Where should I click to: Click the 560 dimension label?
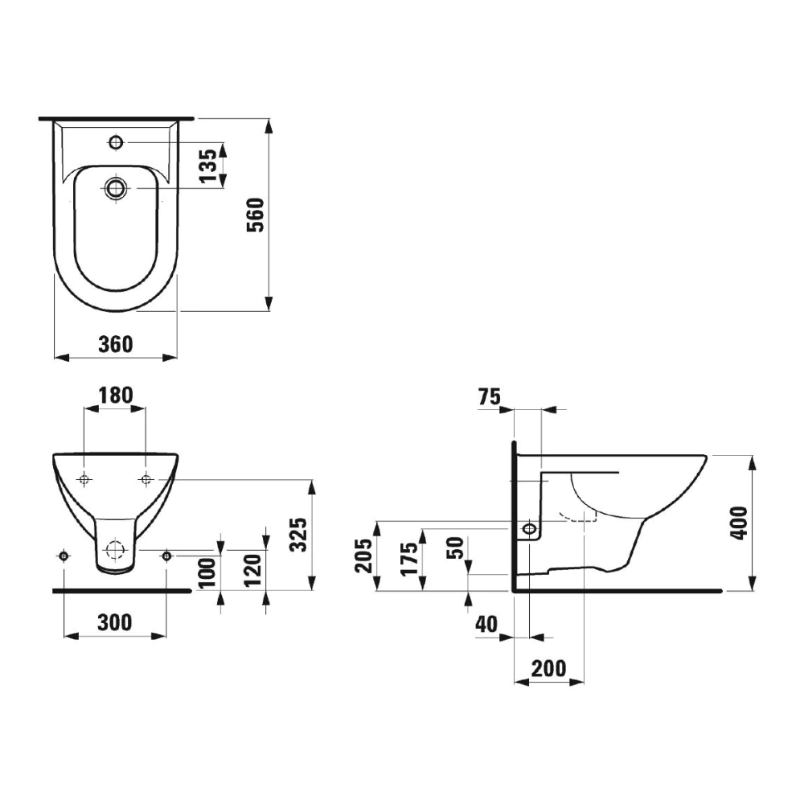coord(256,215)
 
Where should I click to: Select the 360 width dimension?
coord(115,344)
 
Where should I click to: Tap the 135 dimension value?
coord(208,166)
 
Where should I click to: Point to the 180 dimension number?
coord(115,395)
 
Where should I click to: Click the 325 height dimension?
coord(298,535)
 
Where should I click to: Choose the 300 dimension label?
coord(115,622)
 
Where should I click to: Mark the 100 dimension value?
coord(207,573)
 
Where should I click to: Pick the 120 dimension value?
coord(252,569)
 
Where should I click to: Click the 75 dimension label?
coord(489,396)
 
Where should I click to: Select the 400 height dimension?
coord(739,523)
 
